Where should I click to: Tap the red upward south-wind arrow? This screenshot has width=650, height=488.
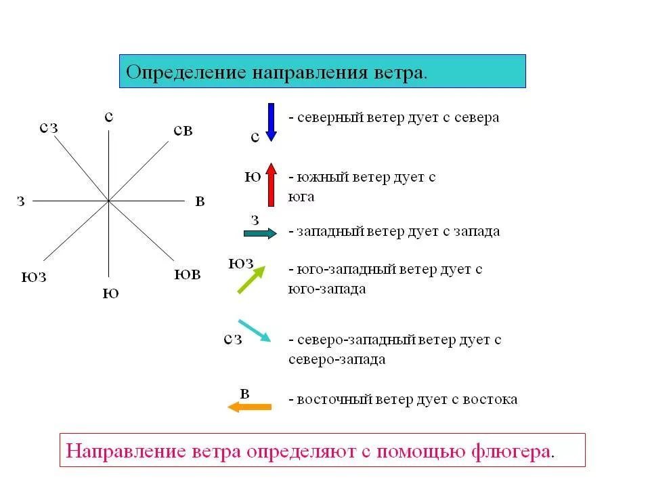271,184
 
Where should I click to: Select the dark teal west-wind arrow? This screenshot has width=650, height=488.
260,233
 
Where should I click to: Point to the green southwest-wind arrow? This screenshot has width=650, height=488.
250,280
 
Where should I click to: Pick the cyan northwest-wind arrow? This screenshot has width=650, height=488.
255,331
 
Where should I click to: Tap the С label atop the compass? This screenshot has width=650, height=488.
108,117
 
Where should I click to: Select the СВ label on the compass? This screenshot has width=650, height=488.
183,130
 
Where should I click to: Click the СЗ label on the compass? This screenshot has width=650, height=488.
48,127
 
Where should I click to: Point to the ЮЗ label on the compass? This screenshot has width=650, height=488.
34,277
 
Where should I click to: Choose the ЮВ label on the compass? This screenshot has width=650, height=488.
188,274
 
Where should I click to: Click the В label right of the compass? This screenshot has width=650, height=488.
199,201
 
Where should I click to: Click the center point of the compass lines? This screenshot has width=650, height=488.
108,201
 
